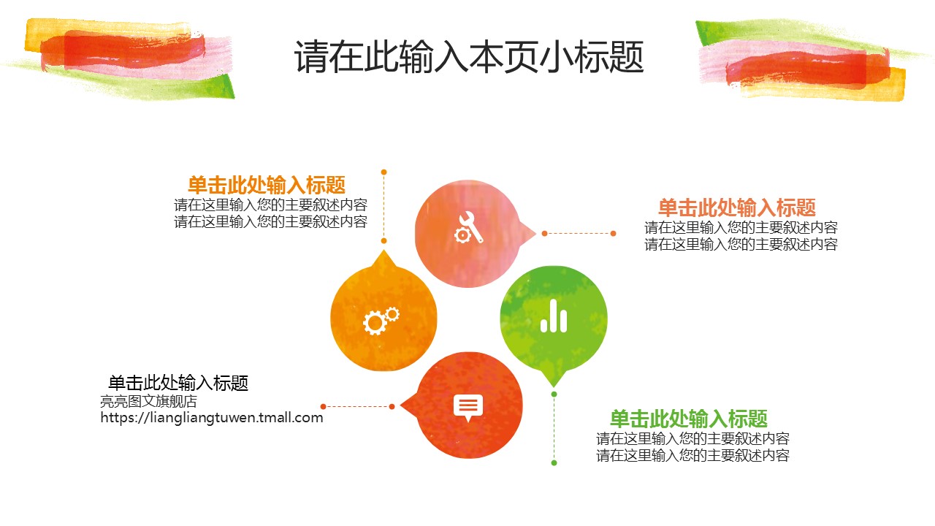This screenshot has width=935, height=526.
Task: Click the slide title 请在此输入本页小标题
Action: coord(469,57)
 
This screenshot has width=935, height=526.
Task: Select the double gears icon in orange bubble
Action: coord(381,321)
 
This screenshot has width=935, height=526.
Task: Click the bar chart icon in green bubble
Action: coord(554,316)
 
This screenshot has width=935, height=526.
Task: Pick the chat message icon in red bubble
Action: coord(468,408)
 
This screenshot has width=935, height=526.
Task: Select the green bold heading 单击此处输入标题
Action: coord(689,419)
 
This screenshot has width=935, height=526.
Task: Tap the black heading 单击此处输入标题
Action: coord(178,383)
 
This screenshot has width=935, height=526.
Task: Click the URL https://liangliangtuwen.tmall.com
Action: coord(212,417)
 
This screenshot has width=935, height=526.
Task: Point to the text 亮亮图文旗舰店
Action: coord(148,401)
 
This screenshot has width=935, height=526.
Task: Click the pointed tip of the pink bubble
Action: coord(536,233)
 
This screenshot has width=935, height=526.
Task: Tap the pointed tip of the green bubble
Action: coord(554,386)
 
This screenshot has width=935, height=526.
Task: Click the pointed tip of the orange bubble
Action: coord(384,250)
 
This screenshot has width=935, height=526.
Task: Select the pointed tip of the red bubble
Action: coord(400,405)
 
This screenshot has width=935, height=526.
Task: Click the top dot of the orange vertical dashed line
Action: coord(384,172)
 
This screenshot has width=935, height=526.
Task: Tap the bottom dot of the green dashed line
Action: coord(554,463)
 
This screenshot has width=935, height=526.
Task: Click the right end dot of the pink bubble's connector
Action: coord(613,233)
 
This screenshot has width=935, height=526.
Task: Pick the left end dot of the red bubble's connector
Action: coord(323,407)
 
